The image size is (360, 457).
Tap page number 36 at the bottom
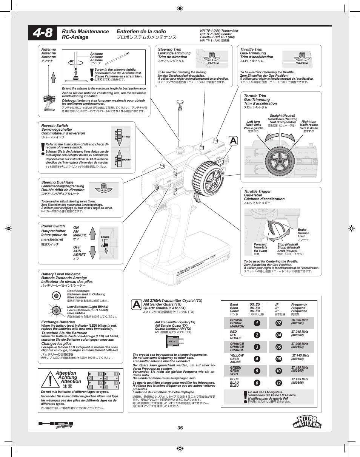coord(180,428)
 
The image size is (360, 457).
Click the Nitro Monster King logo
coord(307,419)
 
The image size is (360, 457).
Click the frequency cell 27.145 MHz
coord(300,357)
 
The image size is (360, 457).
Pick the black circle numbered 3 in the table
coord(257,347)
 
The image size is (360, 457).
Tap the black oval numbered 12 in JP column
coord(278,383)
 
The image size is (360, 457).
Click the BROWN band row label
coord(237,320)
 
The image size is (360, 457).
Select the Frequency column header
coord(299,304)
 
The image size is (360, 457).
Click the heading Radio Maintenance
coord(85,31)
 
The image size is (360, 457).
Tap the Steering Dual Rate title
coord(57,182)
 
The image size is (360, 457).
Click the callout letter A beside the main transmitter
coord(233,140)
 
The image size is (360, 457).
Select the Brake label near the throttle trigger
coord(302,230)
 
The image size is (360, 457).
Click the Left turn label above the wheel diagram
coord(253,122)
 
